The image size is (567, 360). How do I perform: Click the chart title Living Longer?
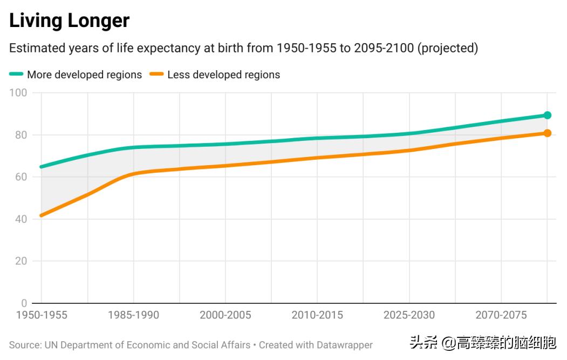(x=70, y=21)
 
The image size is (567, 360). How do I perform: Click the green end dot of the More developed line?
(x=547, y=115)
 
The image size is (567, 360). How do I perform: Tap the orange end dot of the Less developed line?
(x=547, y=133)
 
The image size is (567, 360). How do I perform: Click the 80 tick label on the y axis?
(x=21, y=135)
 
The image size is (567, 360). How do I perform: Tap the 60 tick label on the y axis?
(x=21, y=177)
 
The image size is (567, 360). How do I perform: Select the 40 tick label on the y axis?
(x=21, y=219)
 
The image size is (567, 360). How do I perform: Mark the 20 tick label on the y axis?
(x=21, y=261)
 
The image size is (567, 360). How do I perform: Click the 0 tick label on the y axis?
(x=24, y=303)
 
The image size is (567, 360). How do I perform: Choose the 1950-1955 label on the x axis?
(x=42, y=315)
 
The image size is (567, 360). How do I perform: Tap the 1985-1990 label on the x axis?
(x=133, y=315)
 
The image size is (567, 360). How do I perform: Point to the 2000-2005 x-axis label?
(x=225, y=315)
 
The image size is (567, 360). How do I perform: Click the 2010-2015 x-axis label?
(x=317, y=315)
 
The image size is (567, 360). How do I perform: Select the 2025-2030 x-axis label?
(x=409, y=315)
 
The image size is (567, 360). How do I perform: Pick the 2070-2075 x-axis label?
(x=501, y=315)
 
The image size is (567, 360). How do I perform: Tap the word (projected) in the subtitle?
(x=449, y=48)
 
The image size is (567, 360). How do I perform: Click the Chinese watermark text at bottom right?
(x=482, y=343)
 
